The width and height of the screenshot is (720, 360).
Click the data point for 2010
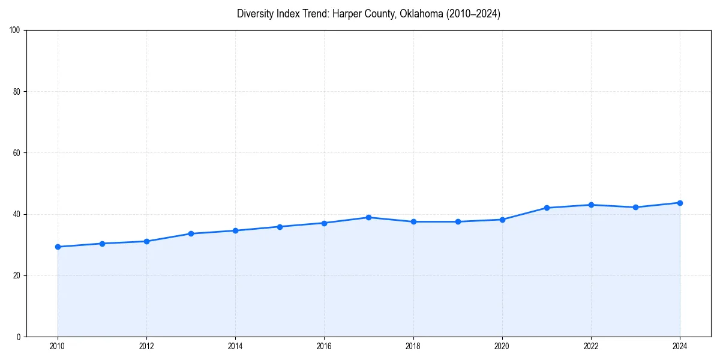58,247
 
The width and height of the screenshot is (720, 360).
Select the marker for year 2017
368,217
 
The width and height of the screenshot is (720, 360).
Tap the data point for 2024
680,203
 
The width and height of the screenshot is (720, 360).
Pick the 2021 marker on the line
547,208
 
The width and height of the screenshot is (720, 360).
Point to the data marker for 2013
191,233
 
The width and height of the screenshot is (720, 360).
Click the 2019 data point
458,221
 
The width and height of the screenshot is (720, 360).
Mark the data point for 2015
280,227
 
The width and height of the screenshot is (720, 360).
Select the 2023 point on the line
635,207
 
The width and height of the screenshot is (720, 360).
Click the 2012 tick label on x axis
146,346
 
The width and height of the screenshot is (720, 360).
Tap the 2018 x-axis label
413,346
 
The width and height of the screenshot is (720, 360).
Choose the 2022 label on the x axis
591,346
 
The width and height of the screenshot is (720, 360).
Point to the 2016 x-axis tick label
324,346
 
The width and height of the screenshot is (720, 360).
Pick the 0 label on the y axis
19,337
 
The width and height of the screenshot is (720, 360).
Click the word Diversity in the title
256,14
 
